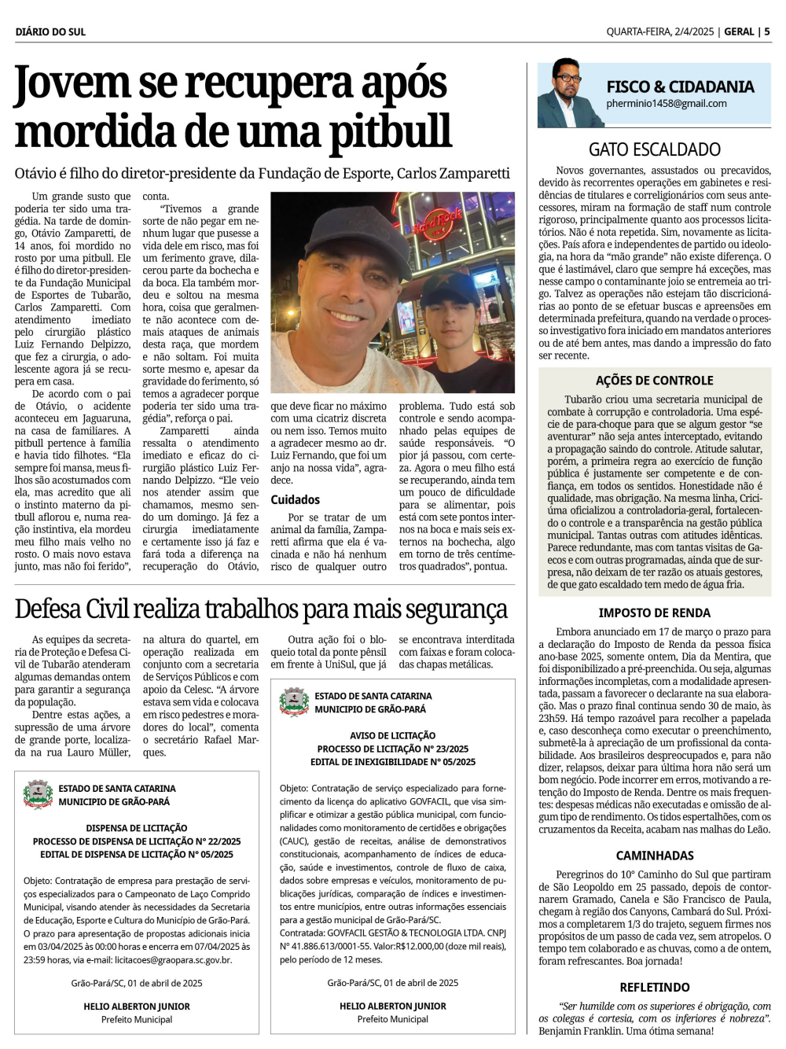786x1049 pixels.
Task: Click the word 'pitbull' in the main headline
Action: (391, 131)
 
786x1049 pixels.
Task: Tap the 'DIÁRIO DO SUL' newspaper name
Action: (50, 32)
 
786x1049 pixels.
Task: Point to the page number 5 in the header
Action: (766, 32)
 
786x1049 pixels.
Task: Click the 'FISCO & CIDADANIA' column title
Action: (680, 86)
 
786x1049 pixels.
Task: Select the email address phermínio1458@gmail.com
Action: (667, 104)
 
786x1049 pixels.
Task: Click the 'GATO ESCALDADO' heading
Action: (655, 149)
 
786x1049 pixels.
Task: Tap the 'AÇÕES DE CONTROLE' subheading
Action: (655, 381)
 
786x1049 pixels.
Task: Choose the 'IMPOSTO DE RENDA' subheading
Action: (655, 613)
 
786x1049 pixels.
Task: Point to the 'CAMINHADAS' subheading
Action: (655, 856)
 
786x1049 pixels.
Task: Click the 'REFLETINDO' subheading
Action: (655, 988)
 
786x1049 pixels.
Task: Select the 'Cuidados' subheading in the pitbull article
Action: (296, 499)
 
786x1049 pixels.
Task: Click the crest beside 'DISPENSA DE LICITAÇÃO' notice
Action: (38, 794)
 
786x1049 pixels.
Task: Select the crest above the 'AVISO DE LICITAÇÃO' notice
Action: (294, 702)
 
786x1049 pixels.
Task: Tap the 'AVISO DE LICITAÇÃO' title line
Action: (392, 736)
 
